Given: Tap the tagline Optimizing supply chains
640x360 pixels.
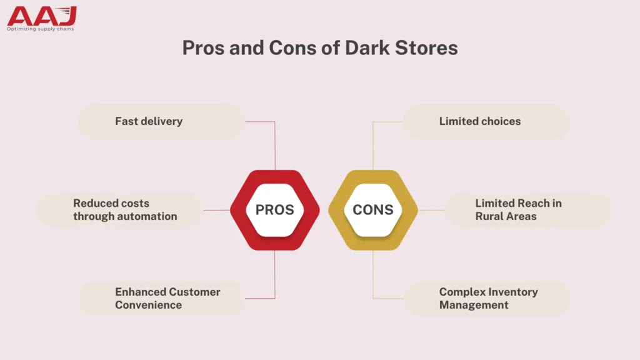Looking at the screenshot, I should point(41,29).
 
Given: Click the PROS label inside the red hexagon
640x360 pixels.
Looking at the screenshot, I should point(274,210).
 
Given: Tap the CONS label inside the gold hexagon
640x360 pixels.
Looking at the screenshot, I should point(372,210).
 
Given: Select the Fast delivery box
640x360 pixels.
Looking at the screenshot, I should point(161,121).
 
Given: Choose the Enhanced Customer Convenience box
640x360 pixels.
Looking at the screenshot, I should point(161,299).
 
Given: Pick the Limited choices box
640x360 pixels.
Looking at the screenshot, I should point(486,121).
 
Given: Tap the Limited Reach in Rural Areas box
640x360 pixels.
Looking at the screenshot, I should point(528,210).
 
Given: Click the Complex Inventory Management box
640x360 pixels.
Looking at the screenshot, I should point(486,299).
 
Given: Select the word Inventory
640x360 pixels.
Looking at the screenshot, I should point(514,292).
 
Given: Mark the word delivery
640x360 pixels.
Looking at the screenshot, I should point(161,121).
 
